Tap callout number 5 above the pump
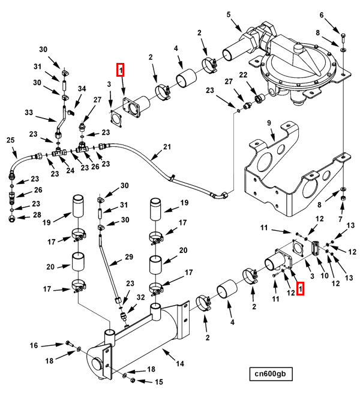coord(229,14)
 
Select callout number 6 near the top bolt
coord(338,15)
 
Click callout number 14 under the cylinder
coord(179,363)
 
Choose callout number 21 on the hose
coord(167,147)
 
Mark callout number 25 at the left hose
coord(10,140)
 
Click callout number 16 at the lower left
coord(34,345)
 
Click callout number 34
coord(82,89)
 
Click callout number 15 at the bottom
coord(158,382)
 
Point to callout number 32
coord(141,297)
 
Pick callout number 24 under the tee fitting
coord(70,170)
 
